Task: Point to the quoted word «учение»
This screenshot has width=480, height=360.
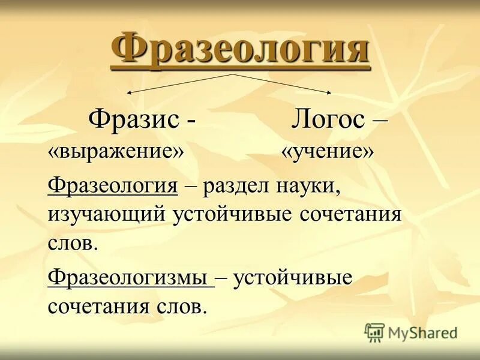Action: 328,151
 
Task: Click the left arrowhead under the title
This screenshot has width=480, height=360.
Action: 128,92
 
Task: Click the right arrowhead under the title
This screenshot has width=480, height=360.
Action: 329,92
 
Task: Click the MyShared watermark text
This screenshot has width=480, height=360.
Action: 423,332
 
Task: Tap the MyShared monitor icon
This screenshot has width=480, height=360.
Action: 374,332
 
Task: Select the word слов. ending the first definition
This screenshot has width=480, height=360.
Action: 71,243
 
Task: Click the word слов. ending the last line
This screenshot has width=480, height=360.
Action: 180,307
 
